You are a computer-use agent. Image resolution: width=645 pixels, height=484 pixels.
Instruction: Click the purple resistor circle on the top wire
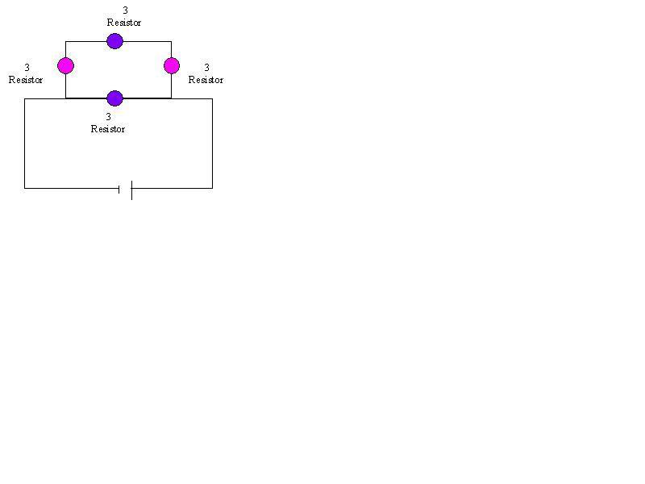[x=114, y=41]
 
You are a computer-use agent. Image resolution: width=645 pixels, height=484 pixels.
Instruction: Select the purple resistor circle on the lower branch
[x=114, y=98]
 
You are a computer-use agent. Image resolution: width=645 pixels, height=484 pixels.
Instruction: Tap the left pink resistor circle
[x=65, y=65]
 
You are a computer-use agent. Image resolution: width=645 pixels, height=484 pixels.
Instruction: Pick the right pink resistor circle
[x=172, y=65]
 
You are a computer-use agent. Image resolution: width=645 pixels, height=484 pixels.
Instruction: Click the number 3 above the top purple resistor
[x=126, y=10]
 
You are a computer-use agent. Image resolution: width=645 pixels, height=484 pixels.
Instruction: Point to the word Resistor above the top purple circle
[x=124, y=23]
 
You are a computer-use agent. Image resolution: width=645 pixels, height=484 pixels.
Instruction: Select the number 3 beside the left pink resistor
[x=27, y=68]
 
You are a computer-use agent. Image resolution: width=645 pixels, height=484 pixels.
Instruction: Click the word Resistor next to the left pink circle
[x=26, y=80]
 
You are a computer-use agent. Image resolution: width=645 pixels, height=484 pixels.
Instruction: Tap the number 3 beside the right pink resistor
[x=207, y=68]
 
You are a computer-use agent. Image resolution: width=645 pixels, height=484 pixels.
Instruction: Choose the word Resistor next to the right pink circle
[x=206, y=80]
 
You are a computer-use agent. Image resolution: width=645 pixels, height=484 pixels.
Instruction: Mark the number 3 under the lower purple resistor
[x=109, y=117]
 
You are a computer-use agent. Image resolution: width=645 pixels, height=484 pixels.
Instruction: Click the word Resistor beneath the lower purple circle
[x=108, y=129]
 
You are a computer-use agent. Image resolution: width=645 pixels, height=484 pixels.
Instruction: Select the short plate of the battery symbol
[x=119, y=189]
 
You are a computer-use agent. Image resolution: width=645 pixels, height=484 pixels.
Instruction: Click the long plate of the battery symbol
[x=131, y=190]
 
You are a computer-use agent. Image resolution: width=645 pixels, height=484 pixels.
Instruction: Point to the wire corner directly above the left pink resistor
[x=65, y=42]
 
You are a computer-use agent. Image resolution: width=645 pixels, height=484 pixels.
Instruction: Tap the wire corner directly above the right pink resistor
[x=171, y=42]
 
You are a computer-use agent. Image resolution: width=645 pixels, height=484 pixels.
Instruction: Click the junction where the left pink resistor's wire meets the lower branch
[x=65, y=98]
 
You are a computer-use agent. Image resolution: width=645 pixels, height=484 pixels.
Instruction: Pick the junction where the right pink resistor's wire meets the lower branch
[x=171, y=98]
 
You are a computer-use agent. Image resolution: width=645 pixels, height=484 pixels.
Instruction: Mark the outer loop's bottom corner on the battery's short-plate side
[x=25, y=188]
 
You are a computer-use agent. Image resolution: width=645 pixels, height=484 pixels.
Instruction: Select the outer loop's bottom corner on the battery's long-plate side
[x=212, y=188]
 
